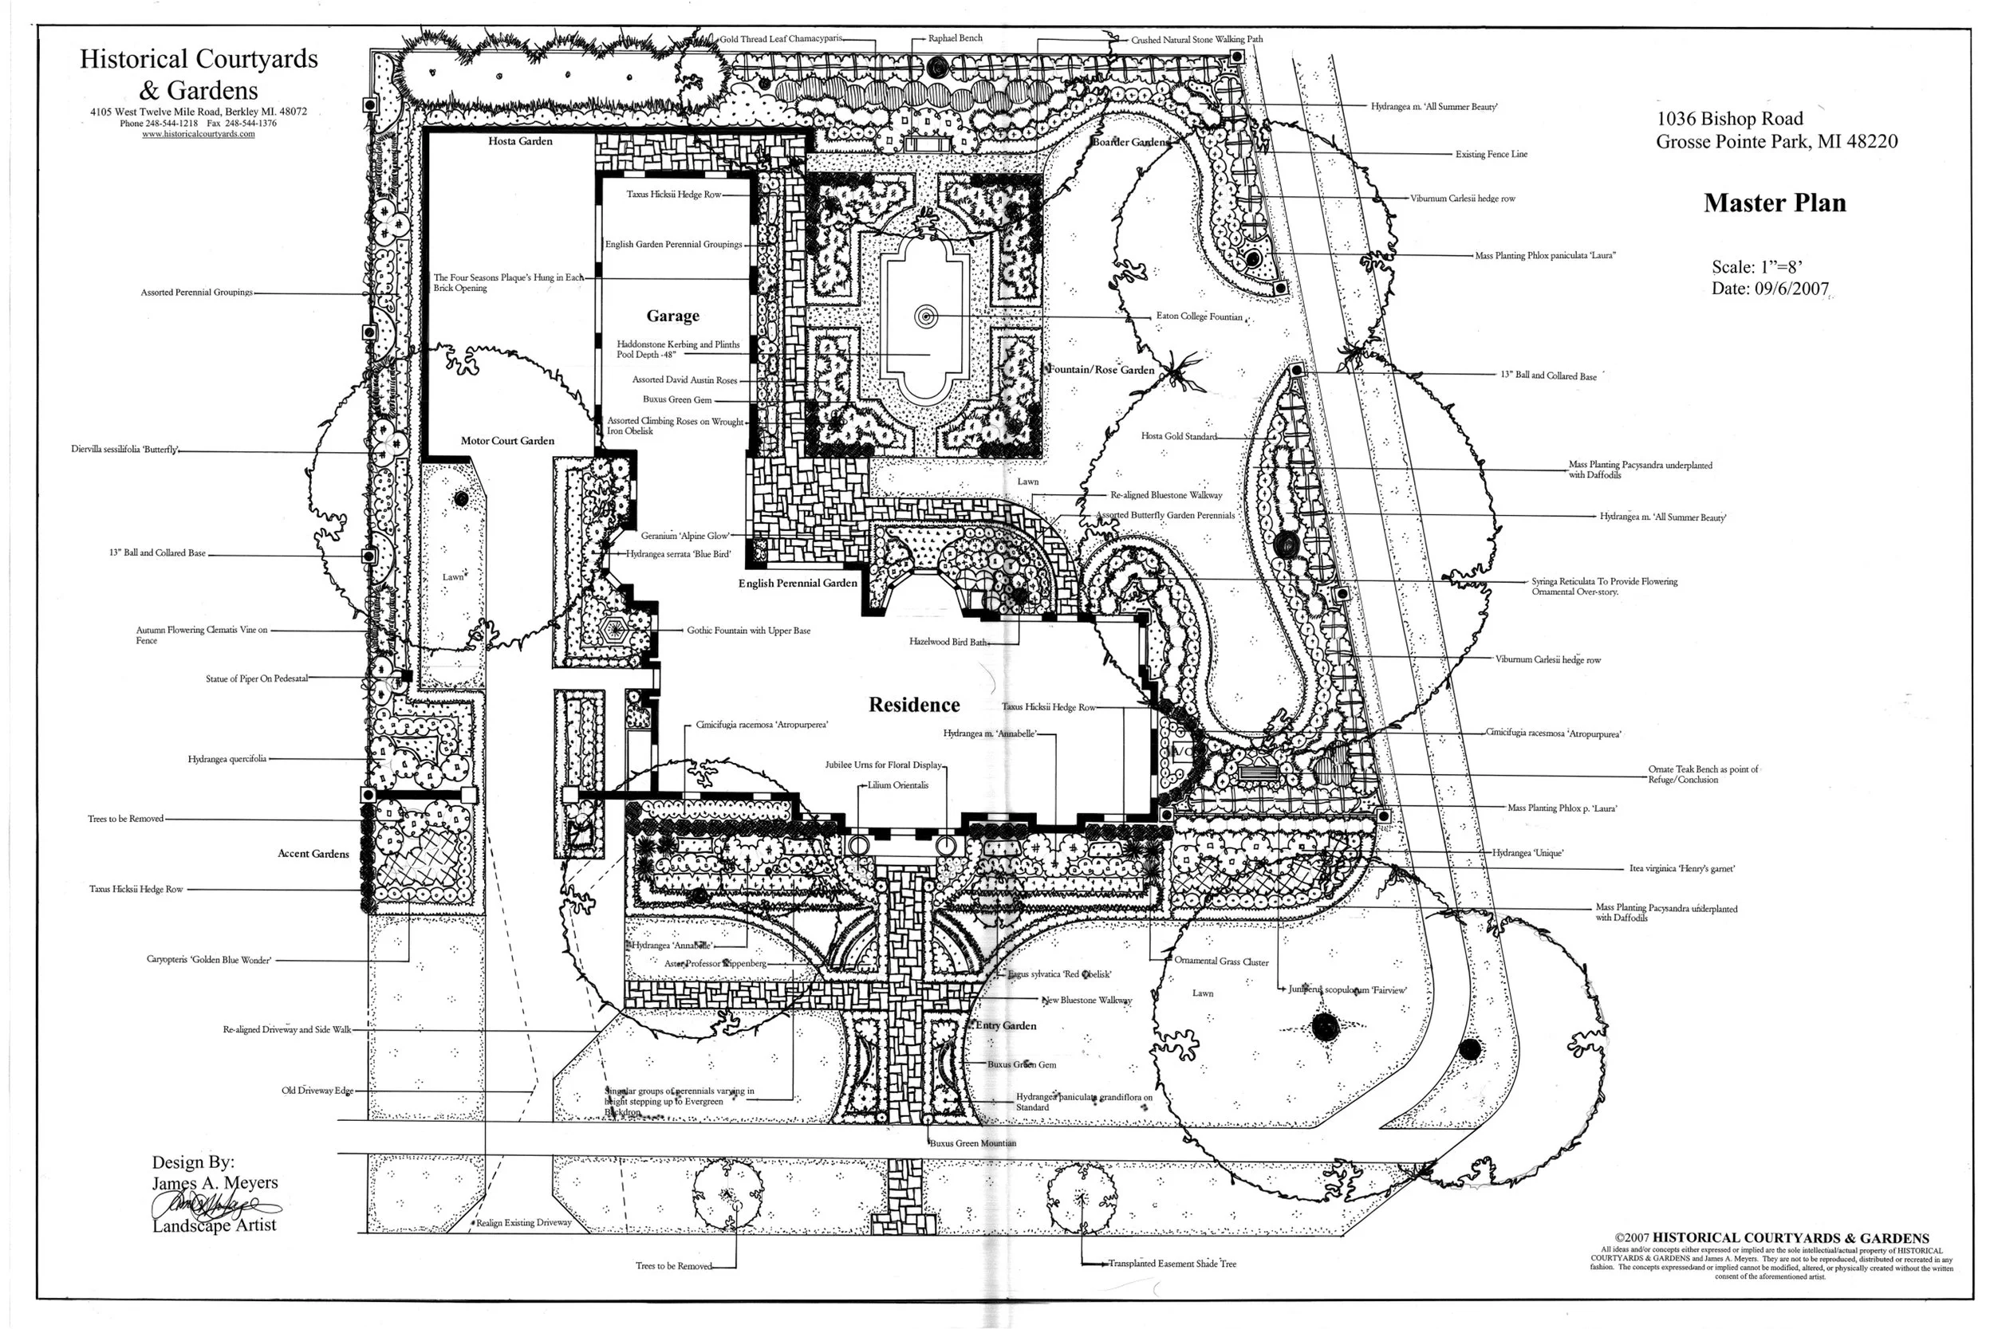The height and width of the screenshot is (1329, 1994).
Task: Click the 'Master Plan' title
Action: point(1775,203)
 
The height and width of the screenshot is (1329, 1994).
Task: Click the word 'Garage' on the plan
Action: point(672,317)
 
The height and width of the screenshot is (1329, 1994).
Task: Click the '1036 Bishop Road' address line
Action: point(1729,119)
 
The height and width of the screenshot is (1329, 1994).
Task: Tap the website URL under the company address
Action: point(199,134)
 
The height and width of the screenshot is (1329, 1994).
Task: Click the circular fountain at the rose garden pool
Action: point(926,317)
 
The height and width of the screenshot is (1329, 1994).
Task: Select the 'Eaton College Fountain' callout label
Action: point(1199,317)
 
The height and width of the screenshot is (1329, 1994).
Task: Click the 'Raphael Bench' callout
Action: point(955,38)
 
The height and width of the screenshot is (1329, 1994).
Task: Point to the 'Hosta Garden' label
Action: point(520,142)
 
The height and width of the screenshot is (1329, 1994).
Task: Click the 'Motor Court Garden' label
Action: point(507,441)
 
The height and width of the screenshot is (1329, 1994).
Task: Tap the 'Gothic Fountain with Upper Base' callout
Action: point(748,631)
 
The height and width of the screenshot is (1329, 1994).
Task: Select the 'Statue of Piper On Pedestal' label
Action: point(257,679)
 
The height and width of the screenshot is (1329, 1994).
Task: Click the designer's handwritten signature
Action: point(212,1205)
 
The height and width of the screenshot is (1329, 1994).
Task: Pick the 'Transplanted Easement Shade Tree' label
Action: point(1172,1264)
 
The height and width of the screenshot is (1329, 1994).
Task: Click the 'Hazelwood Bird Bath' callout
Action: point(948,643)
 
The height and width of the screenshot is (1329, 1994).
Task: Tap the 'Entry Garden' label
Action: point(1006,1025)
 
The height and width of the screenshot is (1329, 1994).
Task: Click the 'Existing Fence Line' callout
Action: point(1491,154)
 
